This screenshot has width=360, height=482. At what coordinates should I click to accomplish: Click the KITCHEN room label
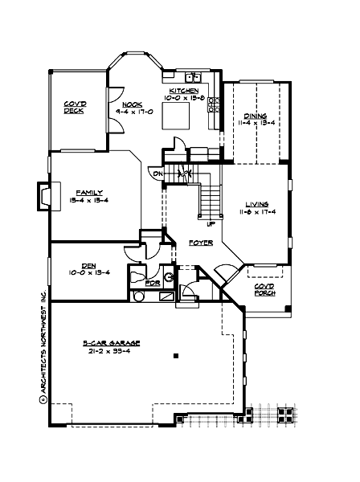[184, 90]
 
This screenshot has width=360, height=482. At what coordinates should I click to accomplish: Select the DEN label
[88, 264]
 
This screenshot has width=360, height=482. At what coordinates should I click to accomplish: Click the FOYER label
[200, 242]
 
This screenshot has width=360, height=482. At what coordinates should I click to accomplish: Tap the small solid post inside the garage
[174, 356]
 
